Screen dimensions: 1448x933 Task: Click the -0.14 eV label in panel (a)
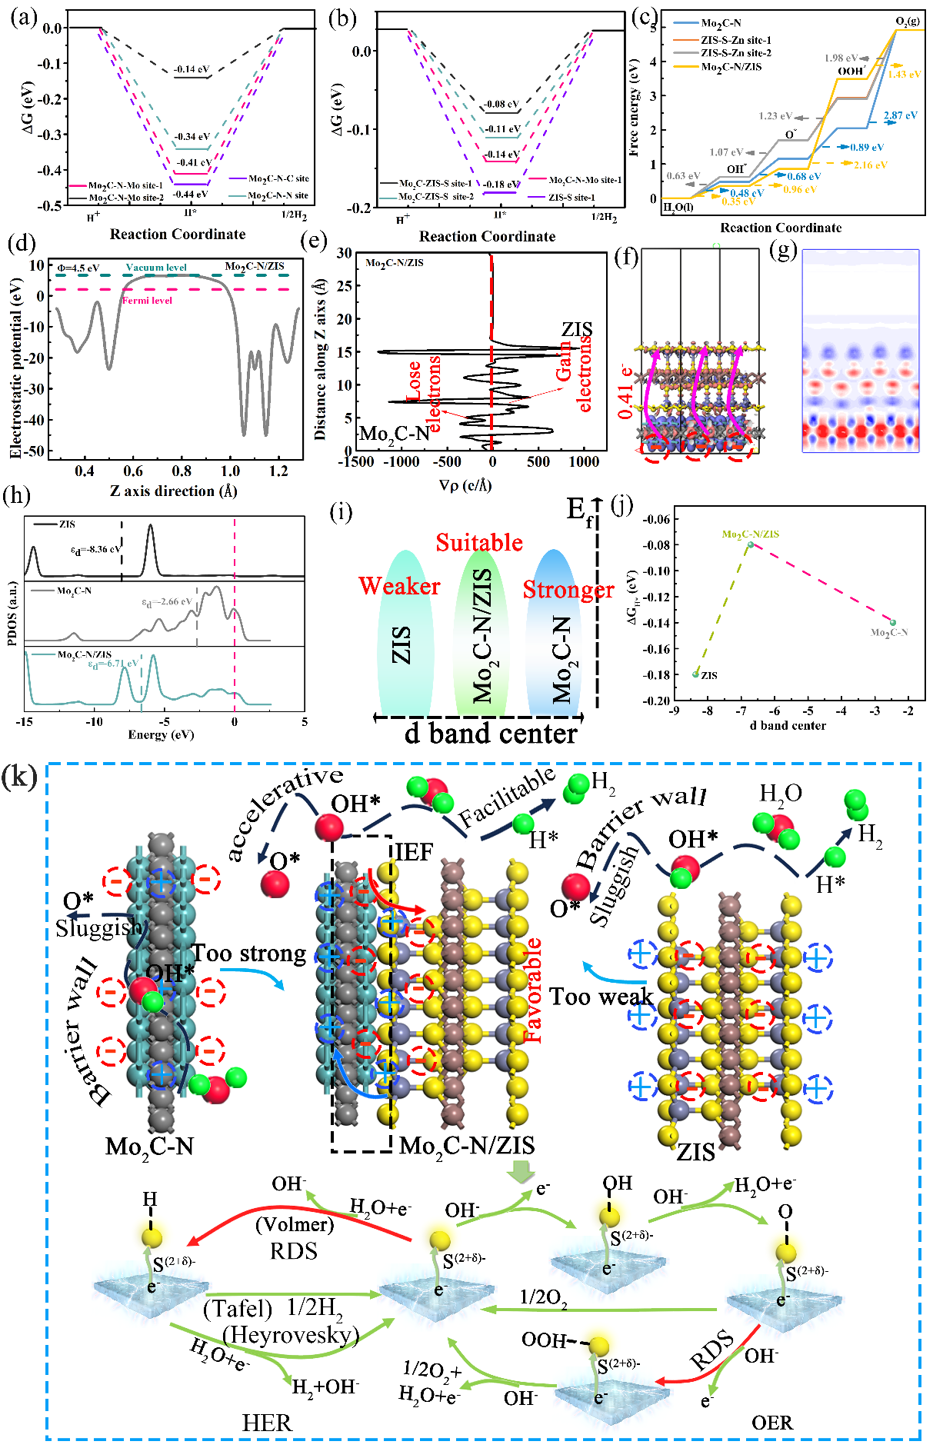pyautogui.click(x=192, y=69)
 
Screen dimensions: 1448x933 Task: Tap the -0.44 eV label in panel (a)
pyautogui.click(x=192, y=194)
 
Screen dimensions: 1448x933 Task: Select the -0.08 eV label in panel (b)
pyautogui.click(x=501, y=104)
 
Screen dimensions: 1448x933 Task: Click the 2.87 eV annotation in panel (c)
pyautogui.click(x=900, y=115)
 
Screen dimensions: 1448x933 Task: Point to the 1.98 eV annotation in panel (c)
pyautogui.click(x=841, y=58)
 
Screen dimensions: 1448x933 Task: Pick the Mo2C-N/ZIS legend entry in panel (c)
pyautogui.click(x=731, y=67)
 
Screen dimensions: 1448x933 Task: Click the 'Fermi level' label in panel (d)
pyautogui.click(x=148, y=300)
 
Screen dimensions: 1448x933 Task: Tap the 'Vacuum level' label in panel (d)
pyautogui.click(x=156, y=268)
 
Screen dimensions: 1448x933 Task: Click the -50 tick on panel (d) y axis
pyautogui.click(x=35, y=451)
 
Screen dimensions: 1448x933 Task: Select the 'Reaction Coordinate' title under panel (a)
pyautogui.click(x=178, y=235)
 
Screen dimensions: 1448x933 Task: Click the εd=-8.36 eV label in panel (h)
pyautogui.click(x=95, y=550)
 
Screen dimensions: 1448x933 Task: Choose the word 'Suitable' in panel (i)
pyautogui.click(x=479, y=543)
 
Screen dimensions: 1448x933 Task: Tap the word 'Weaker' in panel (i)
pyautogui.click(x=399, y=586)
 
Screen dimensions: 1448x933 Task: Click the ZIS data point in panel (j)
pyautogui.click(x=695, y=674)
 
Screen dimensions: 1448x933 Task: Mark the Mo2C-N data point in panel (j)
pyautogui.click(x=893, y=622)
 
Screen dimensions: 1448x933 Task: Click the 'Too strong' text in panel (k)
pyautogui.click(x=249, y=954)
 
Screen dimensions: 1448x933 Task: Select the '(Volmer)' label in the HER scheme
pyautogui.click(x=295, y=1223)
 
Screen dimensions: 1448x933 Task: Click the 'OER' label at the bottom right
pyautogui.click(x=771, y=1423)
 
